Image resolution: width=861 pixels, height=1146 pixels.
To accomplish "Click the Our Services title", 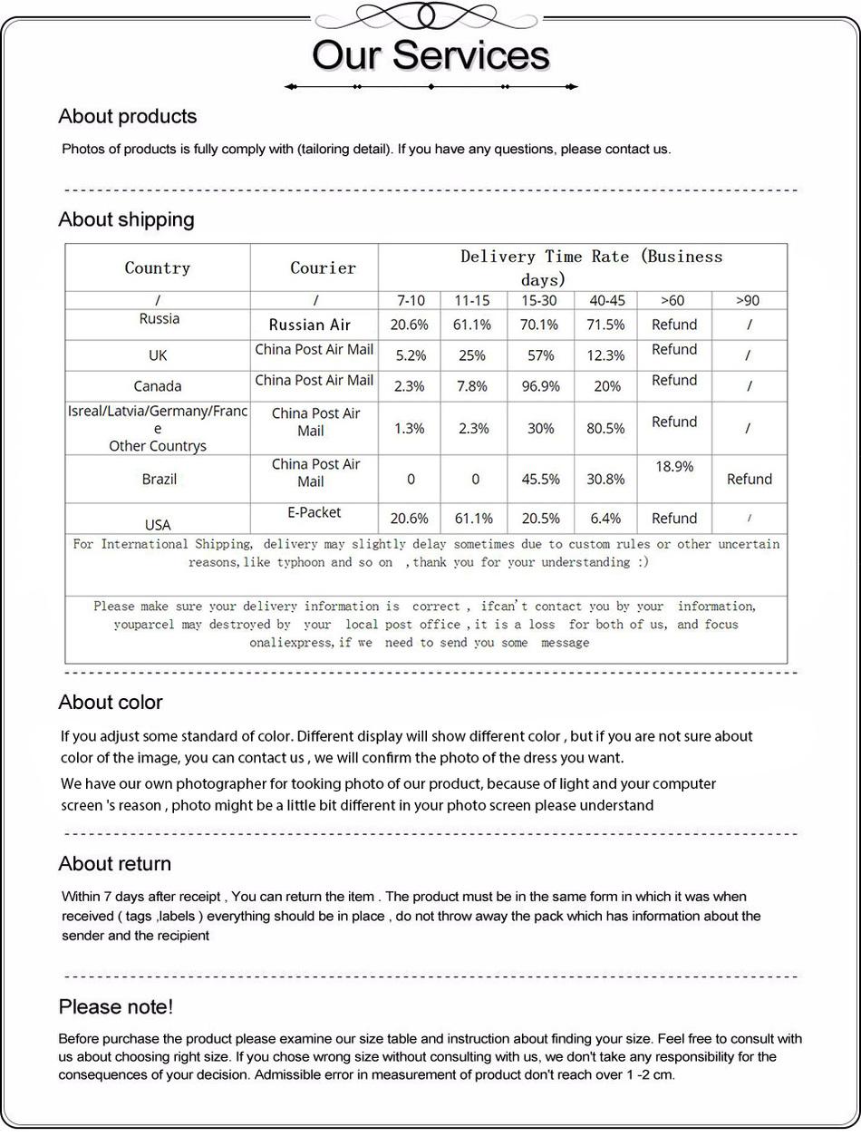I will (430, 55).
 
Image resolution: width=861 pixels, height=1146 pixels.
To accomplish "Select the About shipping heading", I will (126, 219).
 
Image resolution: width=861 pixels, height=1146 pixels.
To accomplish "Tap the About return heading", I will (114, 863).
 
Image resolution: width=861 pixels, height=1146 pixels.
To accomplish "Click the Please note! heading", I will (115, 1006).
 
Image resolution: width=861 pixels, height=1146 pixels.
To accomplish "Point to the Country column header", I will (158, 267).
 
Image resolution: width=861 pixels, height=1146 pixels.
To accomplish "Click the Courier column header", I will (323, 267).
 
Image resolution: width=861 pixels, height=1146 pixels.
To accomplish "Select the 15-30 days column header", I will (539, 300).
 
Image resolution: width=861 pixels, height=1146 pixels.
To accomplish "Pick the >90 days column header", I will (748, 300).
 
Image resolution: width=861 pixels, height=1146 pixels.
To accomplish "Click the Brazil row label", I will (160, 479).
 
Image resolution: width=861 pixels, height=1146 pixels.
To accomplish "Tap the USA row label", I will (158, 524).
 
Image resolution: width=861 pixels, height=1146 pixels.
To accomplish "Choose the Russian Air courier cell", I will (310, 325).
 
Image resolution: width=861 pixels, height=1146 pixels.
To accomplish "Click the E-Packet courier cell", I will (314, 512).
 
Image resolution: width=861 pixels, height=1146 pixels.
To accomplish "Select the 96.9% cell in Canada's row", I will (540, 386).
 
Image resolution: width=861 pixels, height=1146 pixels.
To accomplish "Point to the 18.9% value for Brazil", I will (673, 466).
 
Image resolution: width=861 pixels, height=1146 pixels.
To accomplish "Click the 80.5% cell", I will (605, 428).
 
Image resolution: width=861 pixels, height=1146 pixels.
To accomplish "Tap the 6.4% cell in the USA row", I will (605, 519).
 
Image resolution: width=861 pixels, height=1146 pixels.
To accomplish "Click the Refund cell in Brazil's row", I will (750, 479).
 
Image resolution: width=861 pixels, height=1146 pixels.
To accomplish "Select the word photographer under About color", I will (221, 783).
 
